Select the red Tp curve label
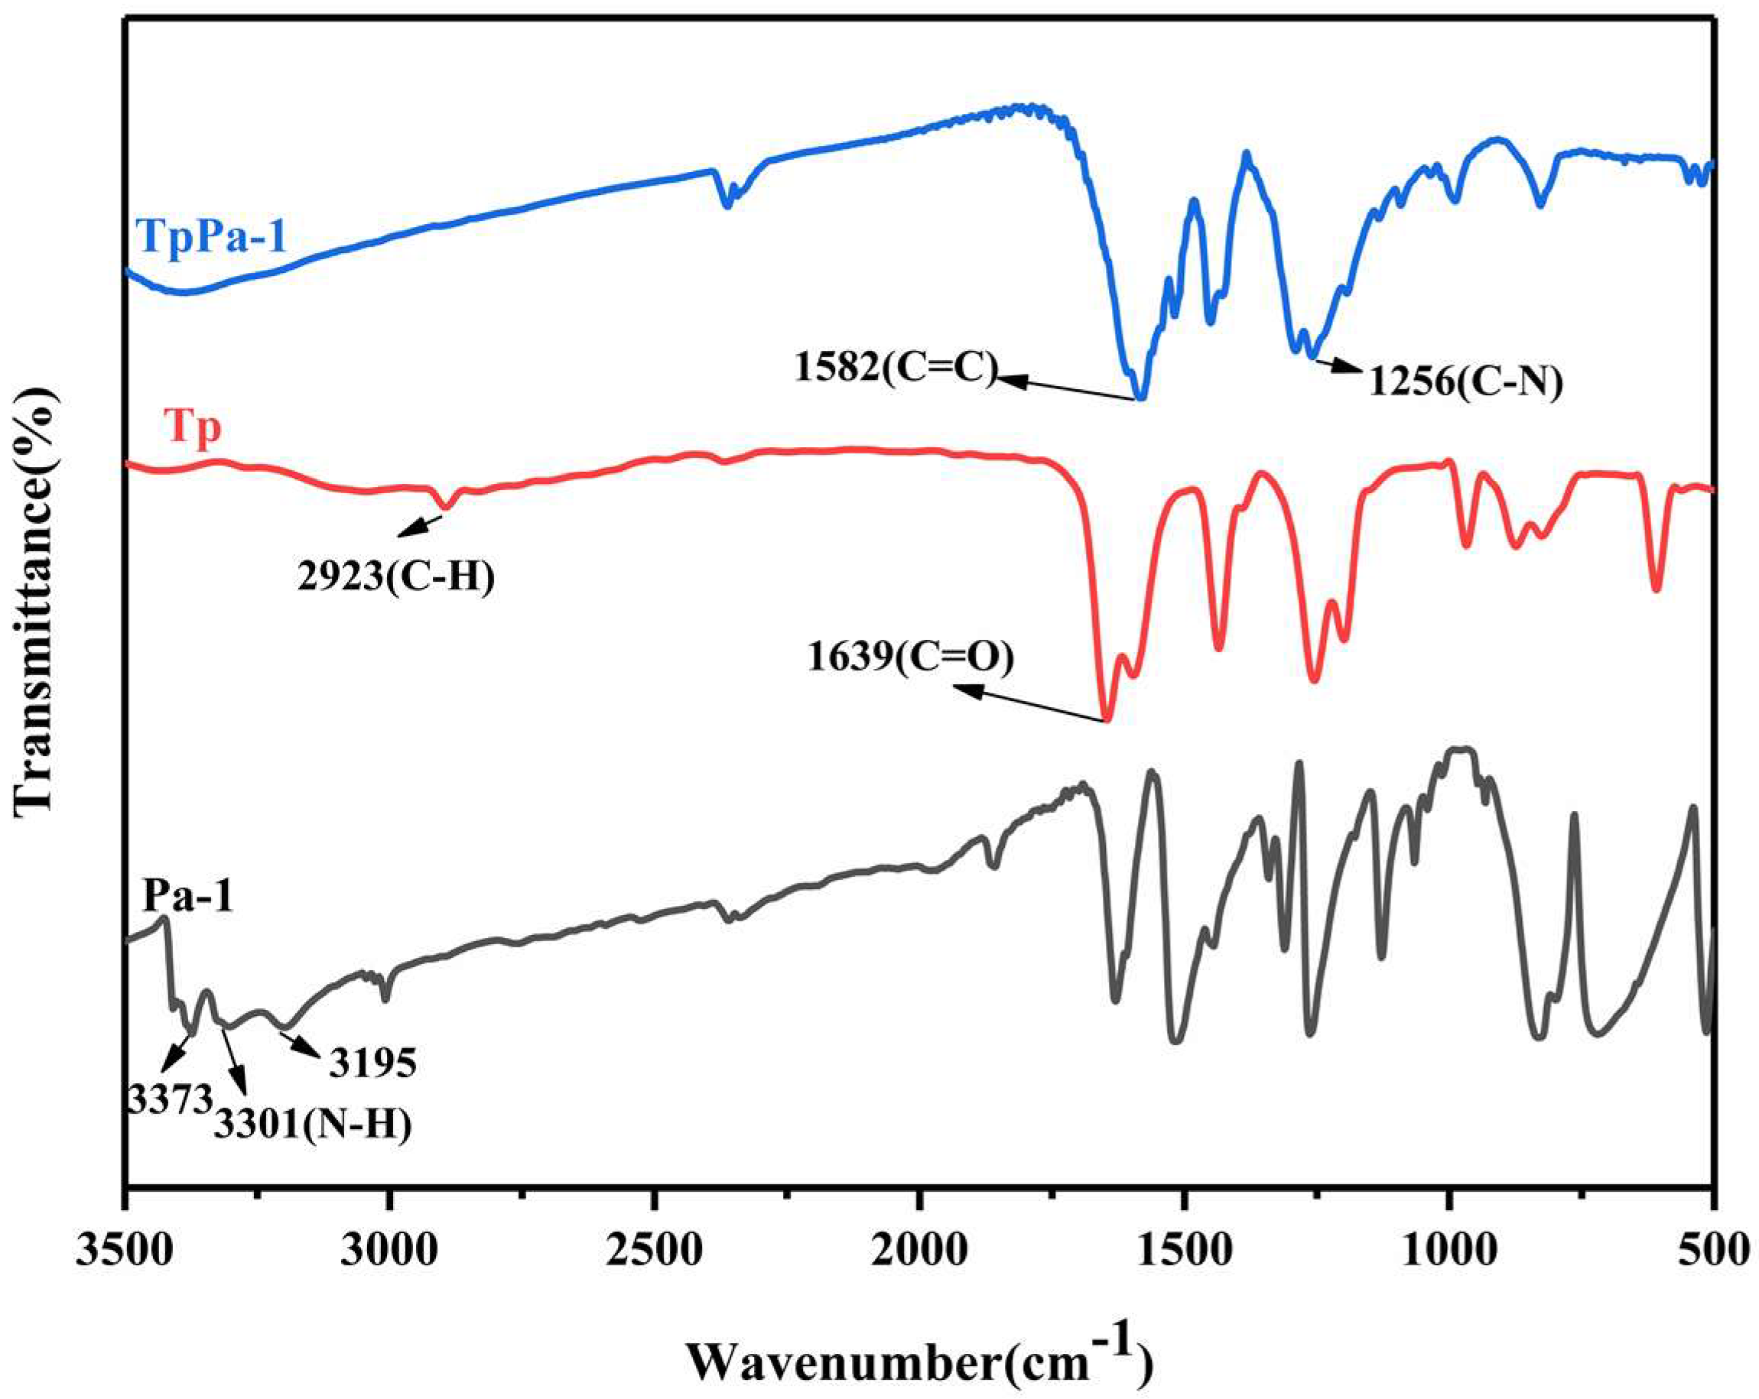tap(193, 427)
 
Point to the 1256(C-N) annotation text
tap(1465, 381)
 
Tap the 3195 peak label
tap(373, 1063)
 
